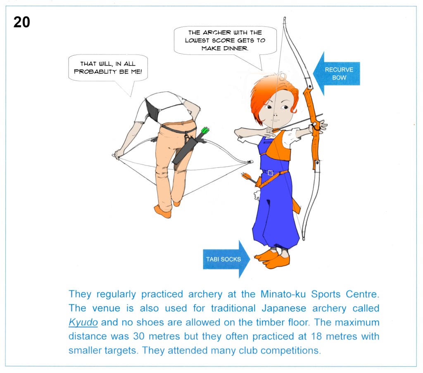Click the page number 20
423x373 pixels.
[x=21, y=22]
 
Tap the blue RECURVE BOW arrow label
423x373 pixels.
[x=336, y=73]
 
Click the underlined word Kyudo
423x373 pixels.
[x=83, y=322]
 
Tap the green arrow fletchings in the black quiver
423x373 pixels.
[x=205, y=130]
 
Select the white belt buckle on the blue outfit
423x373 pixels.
[x=271, y=173]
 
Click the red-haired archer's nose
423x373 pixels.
[x=275, y=115]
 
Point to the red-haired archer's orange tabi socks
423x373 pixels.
[x=273, y=259]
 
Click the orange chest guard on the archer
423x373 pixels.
[x=278, y=146]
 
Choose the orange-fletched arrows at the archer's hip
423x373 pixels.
[x=248, y=177]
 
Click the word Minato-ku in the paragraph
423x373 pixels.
[x=283, y=294]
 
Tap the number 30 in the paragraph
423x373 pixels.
[x=139, y=336]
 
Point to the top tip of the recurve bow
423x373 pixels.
[x=284, y=18]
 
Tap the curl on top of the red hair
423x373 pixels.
[x=281, y=76]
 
